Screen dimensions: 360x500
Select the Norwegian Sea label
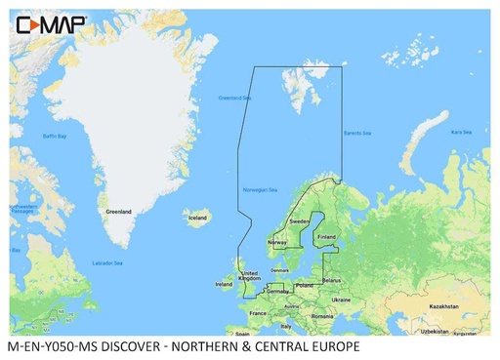260,189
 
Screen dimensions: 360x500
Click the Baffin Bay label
55,136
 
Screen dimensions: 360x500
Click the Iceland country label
196,219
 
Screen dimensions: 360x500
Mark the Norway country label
276,242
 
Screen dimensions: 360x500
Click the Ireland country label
224,284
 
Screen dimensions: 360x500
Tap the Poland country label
305,287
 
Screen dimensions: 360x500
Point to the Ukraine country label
340,300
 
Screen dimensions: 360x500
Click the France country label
258,313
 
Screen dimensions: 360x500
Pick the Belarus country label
331,279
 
